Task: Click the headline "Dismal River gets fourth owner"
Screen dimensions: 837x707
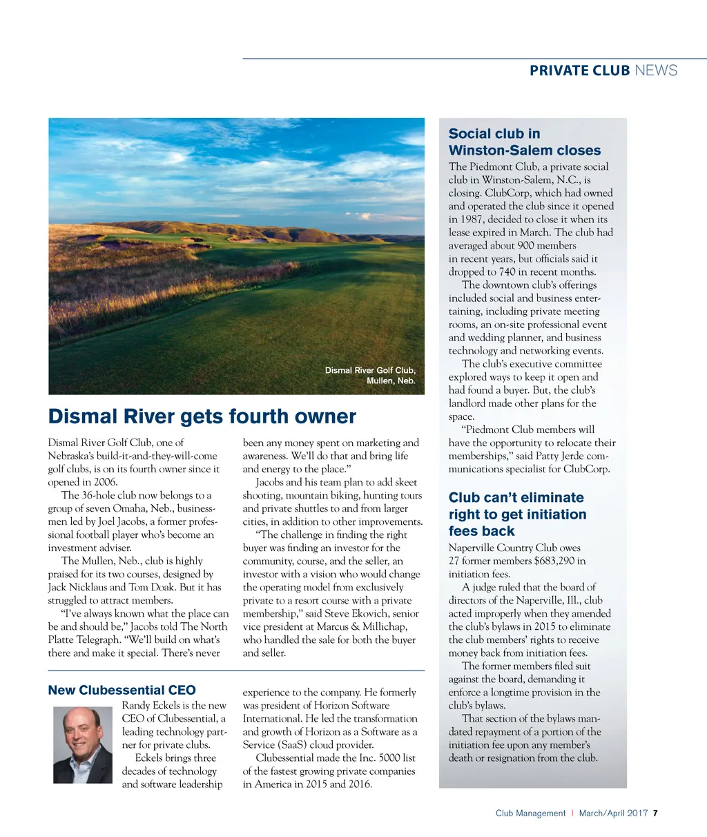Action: [202, 416]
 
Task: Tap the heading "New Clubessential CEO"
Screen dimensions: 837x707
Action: [122, 690]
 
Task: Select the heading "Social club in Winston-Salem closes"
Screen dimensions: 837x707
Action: [524, 142]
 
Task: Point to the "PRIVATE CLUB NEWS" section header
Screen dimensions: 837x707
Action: [603, 70]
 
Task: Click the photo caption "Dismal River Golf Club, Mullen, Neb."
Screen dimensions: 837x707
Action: [371, 375]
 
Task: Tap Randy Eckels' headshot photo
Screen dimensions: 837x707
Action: [83, 744]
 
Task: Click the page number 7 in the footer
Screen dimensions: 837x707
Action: [655, 813]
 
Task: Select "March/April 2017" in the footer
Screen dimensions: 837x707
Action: [613, 813]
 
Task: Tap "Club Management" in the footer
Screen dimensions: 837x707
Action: [530, 813]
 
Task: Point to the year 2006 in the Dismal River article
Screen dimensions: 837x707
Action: [104, 482]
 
